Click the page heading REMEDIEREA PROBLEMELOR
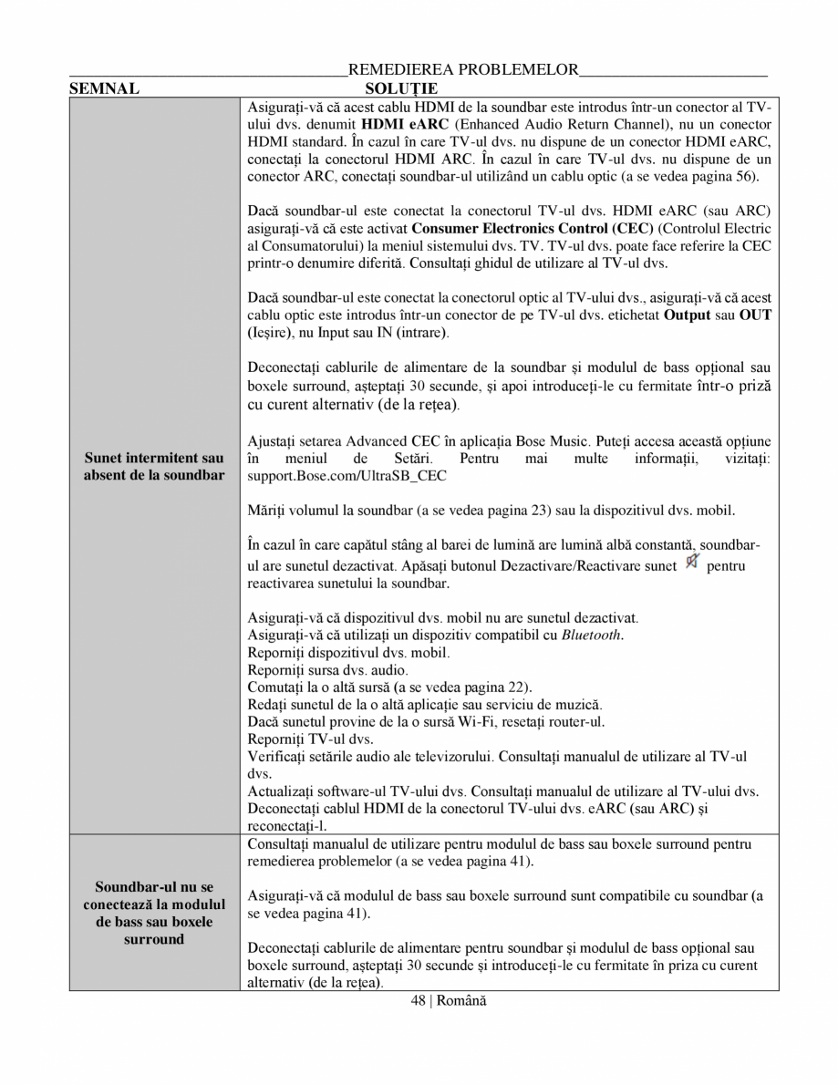[x=463, y=69]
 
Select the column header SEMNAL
[x=104, y=88]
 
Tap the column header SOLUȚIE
[x=400, y=88]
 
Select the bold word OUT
[x=755, y=315]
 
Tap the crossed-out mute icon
[x=691, y=563]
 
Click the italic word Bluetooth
[x=592, y=635]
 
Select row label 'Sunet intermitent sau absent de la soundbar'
[x=154, y=467]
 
